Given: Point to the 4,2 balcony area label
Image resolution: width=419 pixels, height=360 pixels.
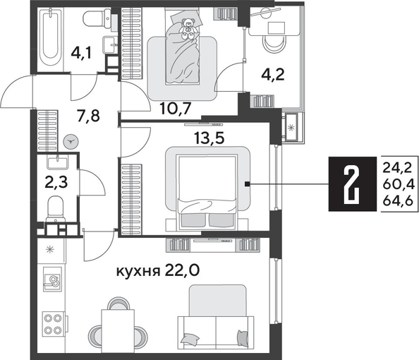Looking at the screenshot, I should coord(274,74).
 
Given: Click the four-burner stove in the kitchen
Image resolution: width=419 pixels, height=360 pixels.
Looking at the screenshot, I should coord(52,324).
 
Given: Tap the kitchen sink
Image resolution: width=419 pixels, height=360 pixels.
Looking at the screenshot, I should coord(51,282).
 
